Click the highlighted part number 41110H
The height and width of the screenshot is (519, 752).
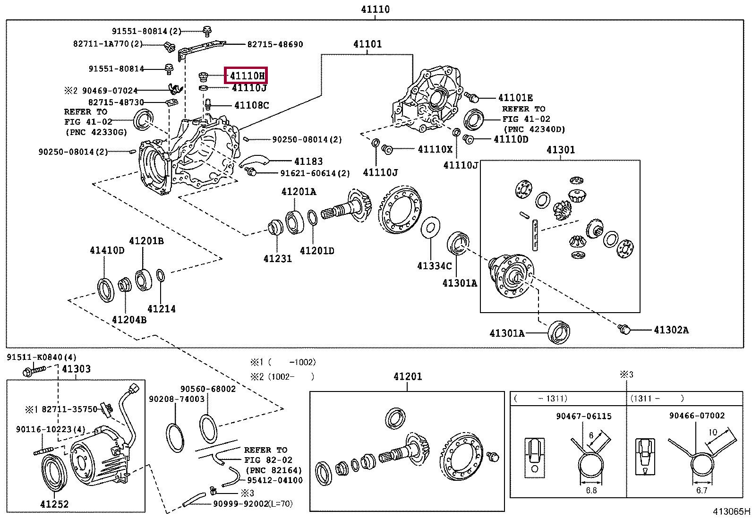[x=247, y=76]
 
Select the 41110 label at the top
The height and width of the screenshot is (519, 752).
[x=375, y=9]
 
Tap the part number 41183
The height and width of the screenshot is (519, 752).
[x=308, y=162]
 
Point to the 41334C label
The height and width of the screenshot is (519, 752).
[x=434, y=266]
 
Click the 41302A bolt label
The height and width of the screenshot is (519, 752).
[x=671, y=330]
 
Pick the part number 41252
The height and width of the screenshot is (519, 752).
[x=54, y=504]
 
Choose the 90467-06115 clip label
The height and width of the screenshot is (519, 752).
[x=583, y=416]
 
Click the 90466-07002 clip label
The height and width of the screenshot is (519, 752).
[x=697, y=416]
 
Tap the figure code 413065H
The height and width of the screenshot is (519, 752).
[x=731, y=511]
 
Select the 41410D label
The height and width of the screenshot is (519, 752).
[x=107, y=250]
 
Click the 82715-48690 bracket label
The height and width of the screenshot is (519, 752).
[x=275, y=44]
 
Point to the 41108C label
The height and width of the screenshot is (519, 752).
[x=252, y=105]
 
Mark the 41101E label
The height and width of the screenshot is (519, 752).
[x=515, y=98]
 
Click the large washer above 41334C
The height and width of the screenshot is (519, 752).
[x=430, y=228]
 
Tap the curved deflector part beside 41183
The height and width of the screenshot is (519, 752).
[x=254, y=161]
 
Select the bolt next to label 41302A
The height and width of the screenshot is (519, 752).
[x=624, y=329]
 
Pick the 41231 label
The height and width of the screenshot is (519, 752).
[x=277, y=258]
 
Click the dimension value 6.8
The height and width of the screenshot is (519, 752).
[x=591, y=490]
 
